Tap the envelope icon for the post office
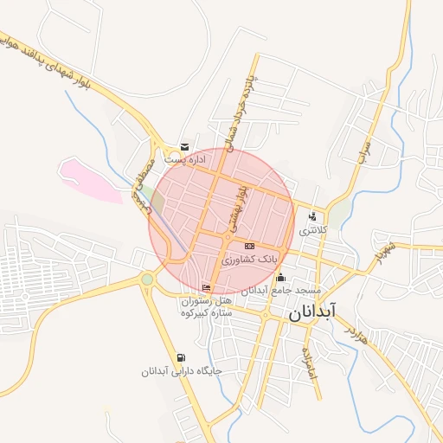[184, 147]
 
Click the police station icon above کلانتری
[311, 217]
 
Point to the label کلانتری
[312, 231]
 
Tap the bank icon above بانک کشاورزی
[249, 246]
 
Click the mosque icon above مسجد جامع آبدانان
[279, 277]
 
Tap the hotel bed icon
[206, 287]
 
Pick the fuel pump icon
[180, 357]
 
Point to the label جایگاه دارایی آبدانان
[183, 371]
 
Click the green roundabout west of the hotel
[147, 279]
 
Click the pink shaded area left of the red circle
[91, 179]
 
